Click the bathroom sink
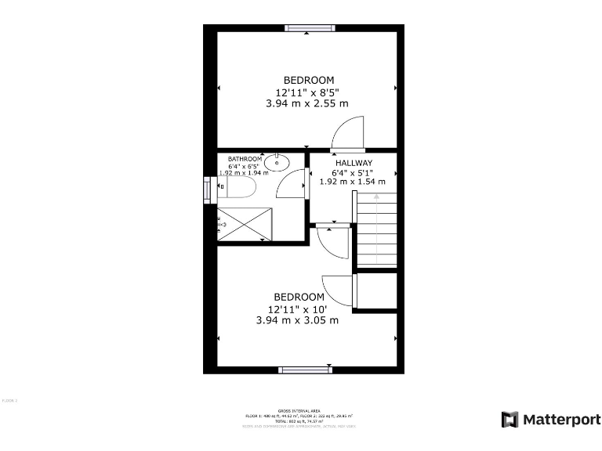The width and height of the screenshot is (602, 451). coord(277,163)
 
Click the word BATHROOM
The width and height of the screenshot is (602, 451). coord(245,159)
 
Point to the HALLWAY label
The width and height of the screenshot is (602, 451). coord(354,163)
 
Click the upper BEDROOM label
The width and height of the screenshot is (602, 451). coord(309,80)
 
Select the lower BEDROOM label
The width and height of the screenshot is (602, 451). coord(299,297)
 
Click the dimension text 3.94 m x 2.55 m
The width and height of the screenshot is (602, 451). coord(308,103)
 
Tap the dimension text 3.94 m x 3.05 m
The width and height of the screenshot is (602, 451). coord(298,319)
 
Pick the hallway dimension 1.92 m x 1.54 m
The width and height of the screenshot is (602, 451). coord(353,182)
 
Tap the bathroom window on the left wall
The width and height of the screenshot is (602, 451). coord(208,189)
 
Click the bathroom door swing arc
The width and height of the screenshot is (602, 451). coord(292,185)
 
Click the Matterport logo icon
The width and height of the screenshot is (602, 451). coord(510,420)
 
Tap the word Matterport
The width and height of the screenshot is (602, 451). coord(561,420)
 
